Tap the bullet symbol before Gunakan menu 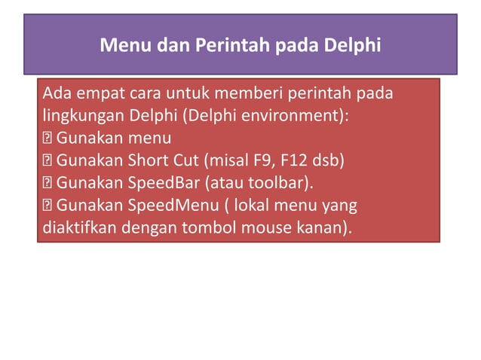(47, 139)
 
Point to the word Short (146, 161)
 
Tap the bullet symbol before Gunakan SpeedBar (47, 183)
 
